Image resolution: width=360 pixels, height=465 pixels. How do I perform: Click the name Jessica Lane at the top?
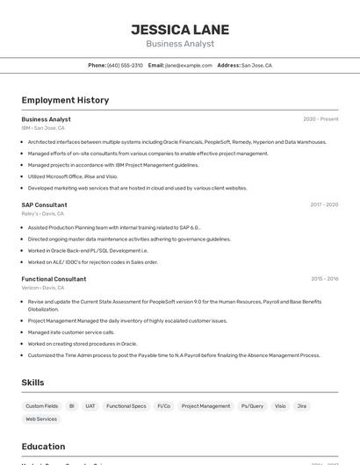pos(180,29)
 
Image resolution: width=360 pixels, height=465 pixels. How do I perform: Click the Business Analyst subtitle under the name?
pos(180,44)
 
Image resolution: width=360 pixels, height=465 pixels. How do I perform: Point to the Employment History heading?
pos(65,100)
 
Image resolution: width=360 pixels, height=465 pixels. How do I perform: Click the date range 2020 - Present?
pos(320,119)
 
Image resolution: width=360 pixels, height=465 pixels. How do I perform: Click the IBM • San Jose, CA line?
pos(43,128)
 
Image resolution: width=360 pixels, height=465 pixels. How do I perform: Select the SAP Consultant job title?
pos(44,204)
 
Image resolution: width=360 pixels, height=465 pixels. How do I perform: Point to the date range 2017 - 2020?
pos(323,204)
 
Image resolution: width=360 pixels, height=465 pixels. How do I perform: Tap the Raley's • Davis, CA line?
pos(42,213)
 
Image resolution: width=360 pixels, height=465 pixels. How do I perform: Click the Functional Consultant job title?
pos(54,279)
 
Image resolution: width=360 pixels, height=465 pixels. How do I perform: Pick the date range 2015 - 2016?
pos(324,279)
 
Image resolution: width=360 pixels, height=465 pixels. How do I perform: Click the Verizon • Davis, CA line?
pos(43,288)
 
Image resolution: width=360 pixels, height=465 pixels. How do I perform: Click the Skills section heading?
pos(32,383)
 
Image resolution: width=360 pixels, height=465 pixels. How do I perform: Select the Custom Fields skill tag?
pos(41,406)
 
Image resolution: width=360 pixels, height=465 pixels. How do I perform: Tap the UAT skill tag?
pos(90,406)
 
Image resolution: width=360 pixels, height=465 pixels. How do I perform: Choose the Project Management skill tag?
pos(205,406)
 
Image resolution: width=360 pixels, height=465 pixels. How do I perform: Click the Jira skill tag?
pos(302,406)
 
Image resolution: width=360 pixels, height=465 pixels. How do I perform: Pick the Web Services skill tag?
pos(40,419)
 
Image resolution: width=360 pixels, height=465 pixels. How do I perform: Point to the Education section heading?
pos(43,446)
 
